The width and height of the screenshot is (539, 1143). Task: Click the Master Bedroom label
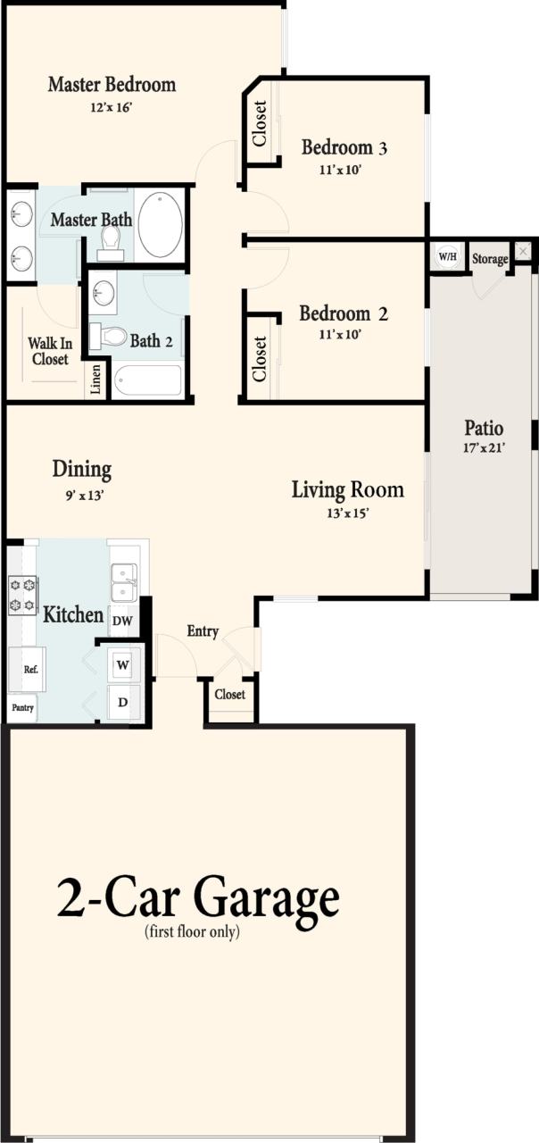click(x=112, y=85)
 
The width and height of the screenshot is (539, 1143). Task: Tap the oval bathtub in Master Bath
click(x=161, y=224)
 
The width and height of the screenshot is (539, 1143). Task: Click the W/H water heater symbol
click(x=446, y=257)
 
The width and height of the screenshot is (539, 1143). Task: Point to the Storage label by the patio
click(x=490, y=259)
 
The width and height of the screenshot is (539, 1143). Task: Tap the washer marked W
click(x=122, y=665)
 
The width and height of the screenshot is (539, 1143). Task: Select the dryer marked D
click(x=122, y=703)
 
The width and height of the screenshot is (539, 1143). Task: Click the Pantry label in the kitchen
click(x=21, y=707)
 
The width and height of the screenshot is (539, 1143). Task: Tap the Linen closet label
click(x=96, y=380)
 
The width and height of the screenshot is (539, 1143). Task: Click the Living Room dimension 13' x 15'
click(x=347, y=513)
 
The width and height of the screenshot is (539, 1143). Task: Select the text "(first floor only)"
click(x=192, y=932)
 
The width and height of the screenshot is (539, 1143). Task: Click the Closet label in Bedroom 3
click(x=260, y=123)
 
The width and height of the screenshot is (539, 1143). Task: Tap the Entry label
click(x=203, y=631)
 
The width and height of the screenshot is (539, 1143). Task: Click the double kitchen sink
click(x=123, y=583)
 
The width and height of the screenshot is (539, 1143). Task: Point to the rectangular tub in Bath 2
click(x=147, y=380)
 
